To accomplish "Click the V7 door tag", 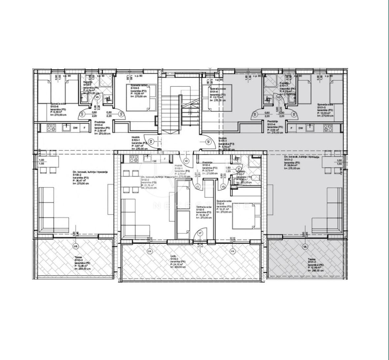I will [200, 233].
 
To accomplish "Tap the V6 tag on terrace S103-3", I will [76, 246].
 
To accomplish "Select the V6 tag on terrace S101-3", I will [305, 246].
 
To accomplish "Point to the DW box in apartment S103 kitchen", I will [76, 128].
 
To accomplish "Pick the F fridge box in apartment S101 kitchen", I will [292, 128].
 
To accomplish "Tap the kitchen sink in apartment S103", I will [66, 128].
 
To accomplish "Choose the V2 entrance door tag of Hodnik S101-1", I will [208, 142].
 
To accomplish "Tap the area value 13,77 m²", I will [217, 97].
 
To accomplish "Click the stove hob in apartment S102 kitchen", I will [134, 159].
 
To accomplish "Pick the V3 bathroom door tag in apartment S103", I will [97, 97].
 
